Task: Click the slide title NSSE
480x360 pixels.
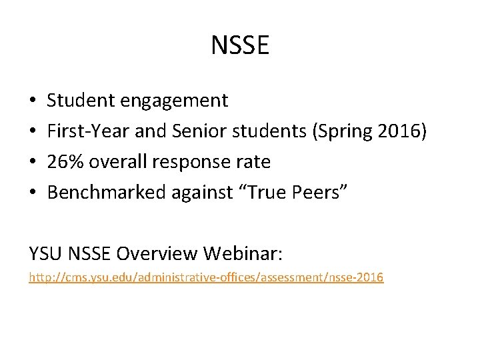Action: pos(240,46)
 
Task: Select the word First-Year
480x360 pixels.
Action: pos(88,131)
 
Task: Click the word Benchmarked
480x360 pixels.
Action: pos(107,193)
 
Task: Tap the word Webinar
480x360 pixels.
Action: pos(243,253)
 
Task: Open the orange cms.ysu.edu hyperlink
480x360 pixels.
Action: pos(206,277)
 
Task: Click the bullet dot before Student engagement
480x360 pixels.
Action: pos(33,101)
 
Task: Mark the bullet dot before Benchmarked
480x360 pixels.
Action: pos(33,193)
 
